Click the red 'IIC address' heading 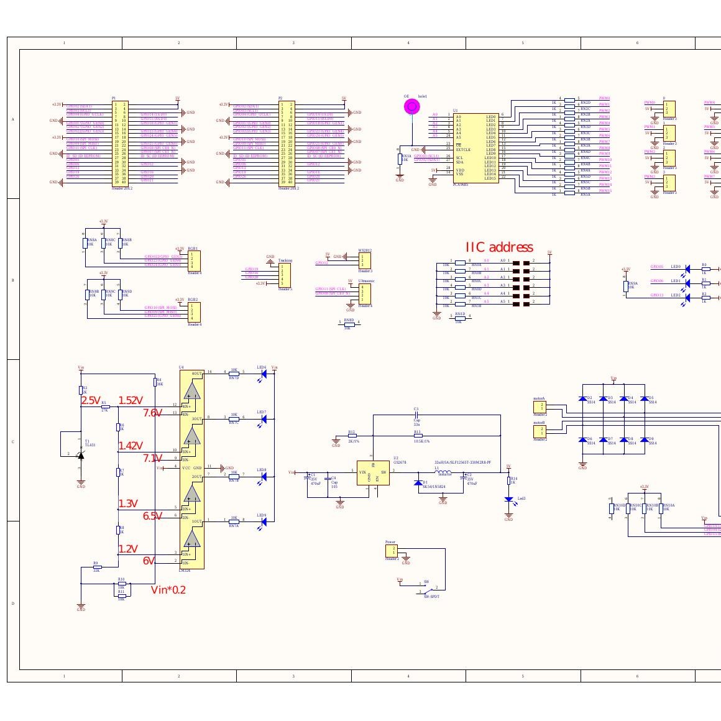pos(499,247)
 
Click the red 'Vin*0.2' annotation pos(168,590)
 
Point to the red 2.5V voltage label pos(91,401)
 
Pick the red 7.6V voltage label pos(153,413)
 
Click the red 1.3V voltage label pos(128,503)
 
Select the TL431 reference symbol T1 pos(80,454)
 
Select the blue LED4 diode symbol pos(264,373)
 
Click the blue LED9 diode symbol pos(264,521)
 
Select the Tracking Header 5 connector pos(285,275)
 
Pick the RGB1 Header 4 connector pos(195,260)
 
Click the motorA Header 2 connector pos(540,407)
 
